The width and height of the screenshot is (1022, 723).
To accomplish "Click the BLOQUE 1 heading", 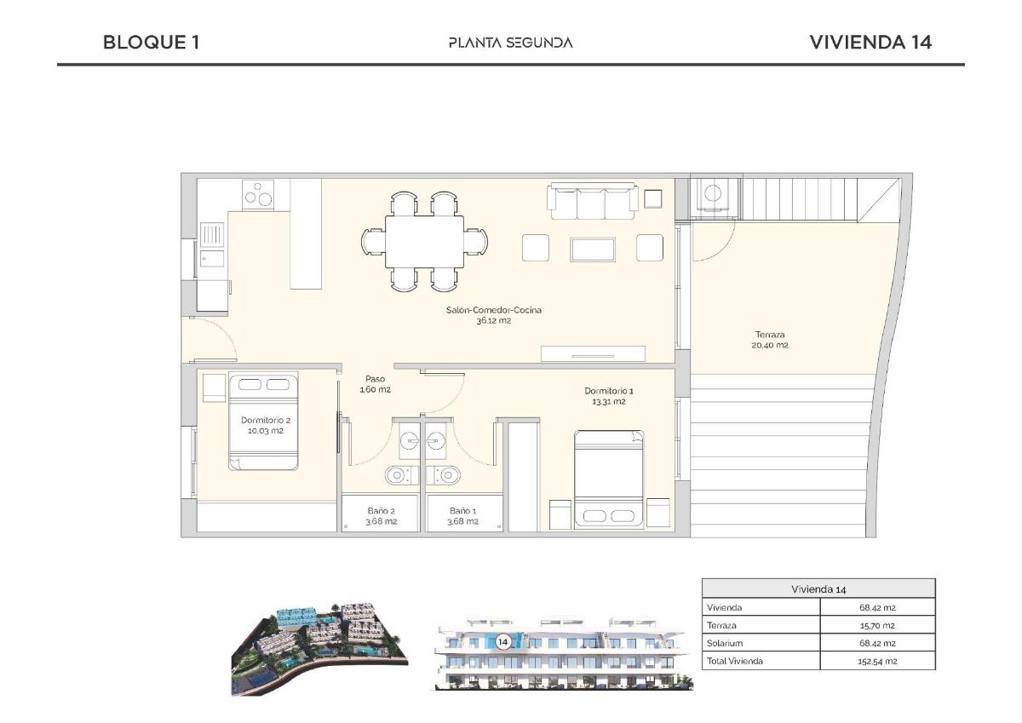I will pyautogui.click(x=151, y=42).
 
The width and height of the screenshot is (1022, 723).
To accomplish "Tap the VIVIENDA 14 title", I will pyautogui.click(x=870, y=42).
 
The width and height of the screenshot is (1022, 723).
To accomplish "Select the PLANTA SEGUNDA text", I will pyautogui.click(x=510, y=43).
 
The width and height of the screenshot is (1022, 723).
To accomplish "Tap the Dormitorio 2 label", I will pyautogui.click(x=266, y=425).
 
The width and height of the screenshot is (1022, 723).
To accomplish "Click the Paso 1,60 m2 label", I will pyautogui.click(x=375, y=384).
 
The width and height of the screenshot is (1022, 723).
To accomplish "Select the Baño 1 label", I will pyautogui.click(x=463, y=516).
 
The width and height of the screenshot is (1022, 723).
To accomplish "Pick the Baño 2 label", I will pyautogui.click(x=381, y=516).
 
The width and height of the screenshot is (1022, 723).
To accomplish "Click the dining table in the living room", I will pyautogui.click(x=425, y=241).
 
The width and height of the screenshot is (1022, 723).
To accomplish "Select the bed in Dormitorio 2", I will pyautogui.click(x=264, y=422).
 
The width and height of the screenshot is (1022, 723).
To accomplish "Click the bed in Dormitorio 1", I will pyautogui.click(x=610, y=477).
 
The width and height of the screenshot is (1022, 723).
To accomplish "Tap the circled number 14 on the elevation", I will pyautogui.click(x=502, y=642).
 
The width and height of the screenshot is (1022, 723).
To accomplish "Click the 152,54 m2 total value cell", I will pyautogui.click(x=877, y=661).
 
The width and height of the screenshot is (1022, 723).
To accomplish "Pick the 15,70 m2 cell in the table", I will pyautogui.click(x=877, y=625).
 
